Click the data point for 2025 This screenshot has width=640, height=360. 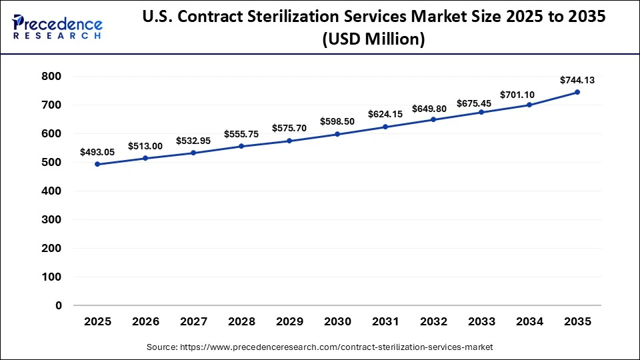[x=97, y=164]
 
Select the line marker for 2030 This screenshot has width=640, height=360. [x=337, y=134]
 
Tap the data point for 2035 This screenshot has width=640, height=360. [x=577, y=92]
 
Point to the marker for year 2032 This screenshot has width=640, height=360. [x=433, y=119]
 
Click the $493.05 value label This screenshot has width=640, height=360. [x=97, y=152]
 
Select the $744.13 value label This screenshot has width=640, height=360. [x=577, y=80]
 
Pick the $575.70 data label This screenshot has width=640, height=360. [x=289, y=128]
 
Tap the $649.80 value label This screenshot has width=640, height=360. [x=433, y=108]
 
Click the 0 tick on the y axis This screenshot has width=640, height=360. [x=58, y=305]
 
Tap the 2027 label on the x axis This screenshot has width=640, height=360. [x=193, y=321]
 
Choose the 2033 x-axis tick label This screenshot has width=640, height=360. [x=481, y=321]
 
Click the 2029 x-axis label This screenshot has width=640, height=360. [x=289, y=321]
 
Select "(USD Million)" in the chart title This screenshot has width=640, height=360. [x=373, y=40]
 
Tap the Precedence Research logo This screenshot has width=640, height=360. [x=57, y=28]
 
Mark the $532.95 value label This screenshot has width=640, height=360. [x=193, y=141]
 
